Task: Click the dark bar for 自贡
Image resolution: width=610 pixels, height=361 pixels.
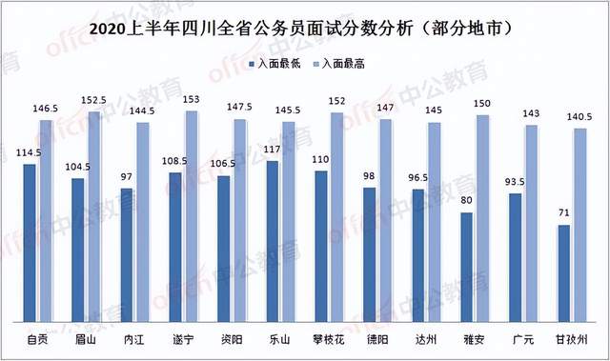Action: click(x=30, y=242)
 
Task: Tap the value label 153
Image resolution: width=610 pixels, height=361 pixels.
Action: click(x=191, y=100)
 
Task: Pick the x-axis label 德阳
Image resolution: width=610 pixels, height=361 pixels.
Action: click(x=377, y=338)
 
